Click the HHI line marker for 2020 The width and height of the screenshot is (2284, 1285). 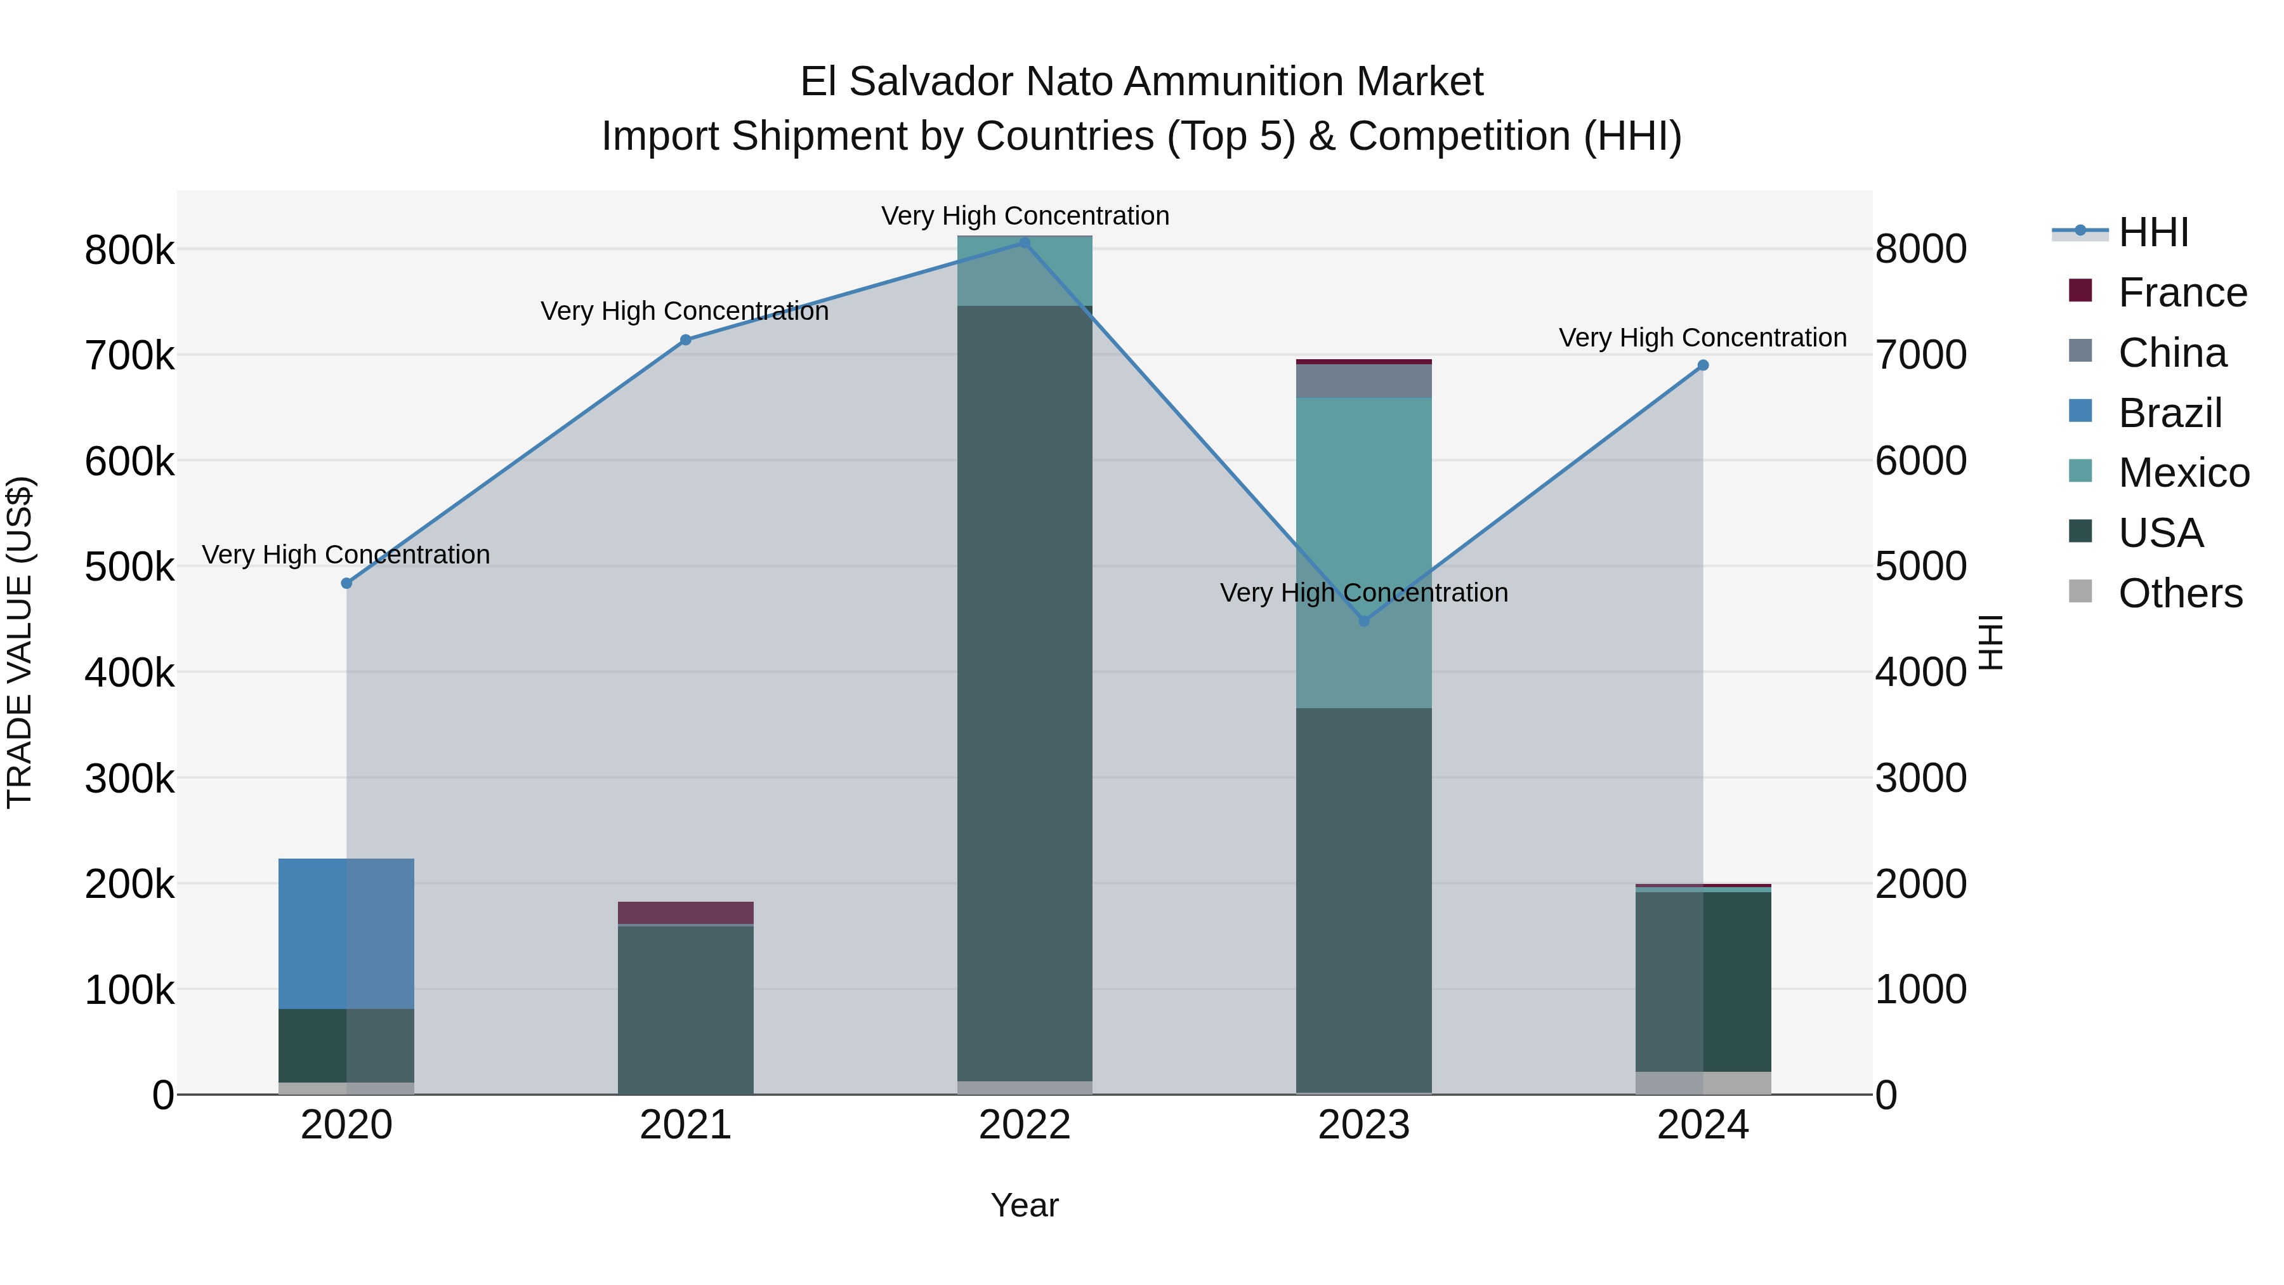[346, 584]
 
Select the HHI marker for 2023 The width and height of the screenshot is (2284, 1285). [1363, 622]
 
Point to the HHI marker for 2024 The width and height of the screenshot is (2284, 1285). [1702, 366]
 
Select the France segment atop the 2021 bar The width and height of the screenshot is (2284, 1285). [685, 913]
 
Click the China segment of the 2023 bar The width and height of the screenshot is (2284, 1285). [1363, 381]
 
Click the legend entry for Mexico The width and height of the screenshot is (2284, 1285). [2183, 473]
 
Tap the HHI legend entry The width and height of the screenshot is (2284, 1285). [2153, 232]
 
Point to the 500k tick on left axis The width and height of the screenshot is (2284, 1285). [129, 567]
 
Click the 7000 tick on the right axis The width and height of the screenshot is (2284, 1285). [1920, 355]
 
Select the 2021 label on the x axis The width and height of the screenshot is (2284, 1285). [685, 1125]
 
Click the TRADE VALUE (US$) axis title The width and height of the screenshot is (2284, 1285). [20, 642]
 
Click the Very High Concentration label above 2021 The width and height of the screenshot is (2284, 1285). [685, 312]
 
